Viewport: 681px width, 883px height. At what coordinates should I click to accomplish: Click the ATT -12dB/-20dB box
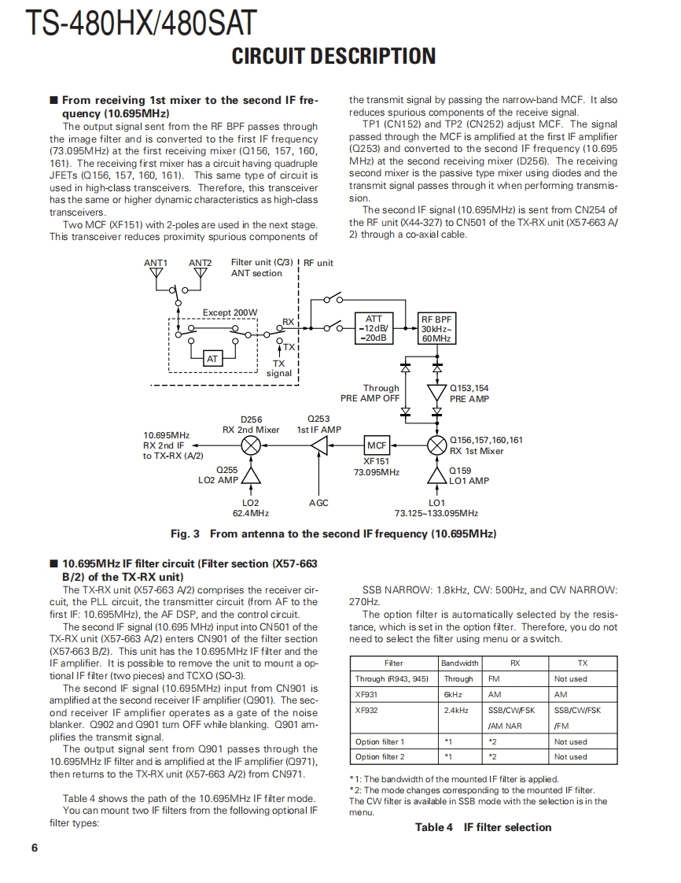point(374,328)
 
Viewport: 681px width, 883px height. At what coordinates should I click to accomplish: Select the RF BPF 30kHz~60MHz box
point(436,328)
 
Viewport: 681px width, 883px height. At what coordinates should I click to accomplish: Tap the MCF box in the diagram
point(377,445)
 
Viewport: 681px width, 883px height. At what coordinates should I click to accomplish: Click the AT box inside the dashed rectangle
point(212,359)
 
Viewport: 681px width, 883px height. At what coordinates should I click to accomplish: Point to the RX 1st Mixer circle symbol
point(436,445)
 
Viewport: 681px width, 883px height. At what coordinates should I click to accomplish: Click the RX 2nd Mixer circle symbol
point(251,445)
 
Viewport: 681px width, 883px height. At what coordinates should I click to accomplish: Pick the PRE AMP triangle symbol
point(436,393)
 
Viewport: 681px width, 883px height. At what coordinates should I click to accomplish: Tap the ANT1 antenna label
point(156,263)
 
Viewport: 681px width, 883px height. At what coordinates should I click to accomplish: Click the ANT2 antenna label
point(201,263)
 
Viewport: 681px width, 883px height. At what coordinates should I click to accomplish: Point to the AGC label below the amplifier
point(319,503)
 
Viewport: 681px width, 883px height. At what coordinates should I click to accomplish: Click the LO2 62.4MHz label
point(251,508)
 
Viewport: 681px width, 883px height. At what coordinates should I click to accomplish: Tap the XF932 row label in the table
point(366,710)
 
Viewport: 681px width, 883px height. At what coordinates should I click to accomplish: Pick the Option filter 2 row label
point(380,756)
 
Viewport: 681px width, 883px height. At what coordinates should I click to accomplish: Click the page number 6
point(34,848)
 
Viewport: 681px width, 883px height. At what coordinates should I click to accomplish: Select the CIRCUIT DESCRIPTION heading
point(333,56)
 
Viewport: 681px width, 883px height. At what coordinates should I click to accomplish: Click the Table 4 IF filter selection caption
point(483,827)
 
